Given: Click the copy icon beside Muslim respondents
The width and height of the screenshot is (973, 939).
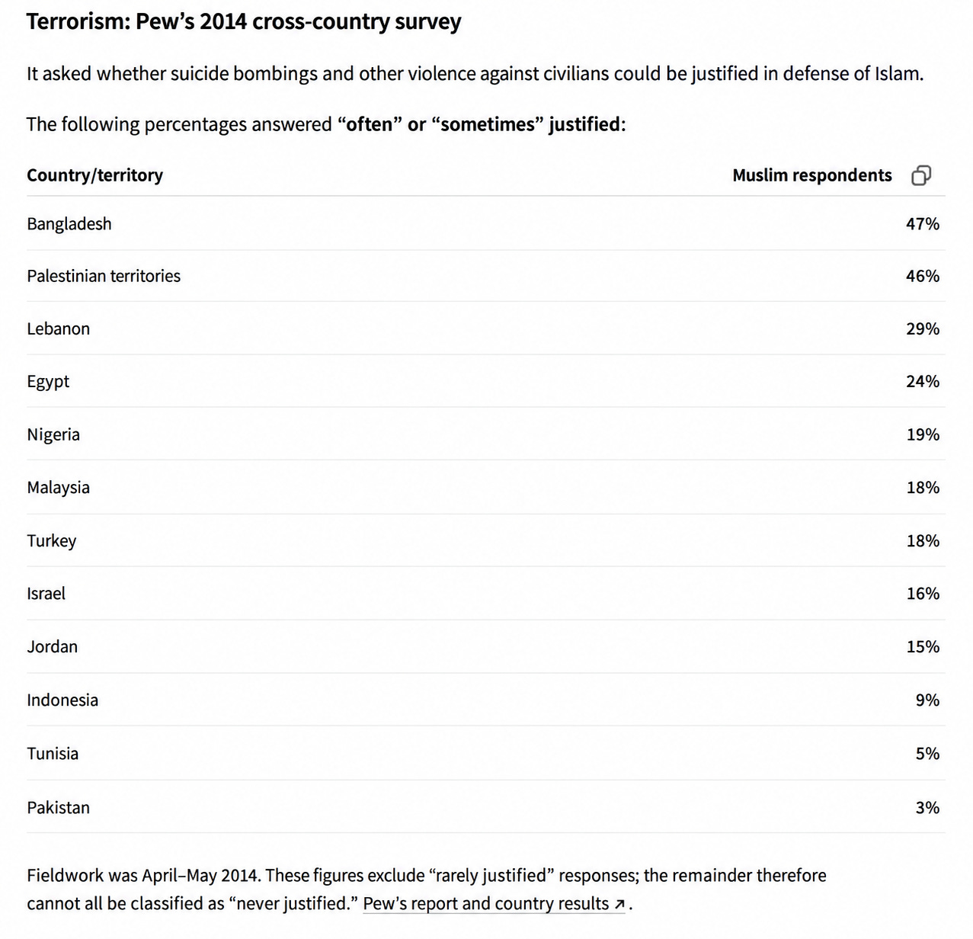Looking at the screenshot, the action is click(921, 175).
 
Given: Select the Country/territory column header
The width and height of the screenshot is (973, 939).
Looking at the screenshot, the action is click(95, 175).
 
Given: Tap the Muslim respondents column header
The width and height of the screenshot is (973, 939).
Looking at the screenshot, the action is click(812, 175).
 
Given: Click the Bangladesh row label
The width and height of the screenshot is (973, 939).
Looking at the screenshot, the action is click(69, 223).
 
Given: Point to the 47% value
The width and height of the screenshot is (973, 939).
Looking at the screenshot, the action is click(923, 223).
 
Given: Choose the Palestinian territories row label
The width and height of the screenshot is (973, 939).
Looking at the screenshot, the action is click(104, 276).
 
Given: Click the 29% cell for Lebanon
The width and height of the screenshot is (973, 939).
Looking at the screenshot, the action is click(923, 328).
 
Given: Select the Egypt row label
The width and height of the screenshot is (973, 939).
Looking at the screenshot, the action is click(48, 382).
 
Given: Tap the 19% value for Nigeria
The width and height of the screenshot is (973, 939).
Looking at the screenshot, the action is click(923, 434).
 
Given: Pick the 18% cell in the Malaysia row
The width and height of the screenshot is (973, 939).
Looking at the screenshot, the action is click(923, 487).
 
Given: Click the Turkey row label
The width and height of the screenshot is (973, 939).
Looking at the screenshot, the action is click(52, 541).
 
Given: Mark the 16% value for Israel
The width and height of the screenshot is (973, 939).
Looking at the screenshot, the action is click(923, 593).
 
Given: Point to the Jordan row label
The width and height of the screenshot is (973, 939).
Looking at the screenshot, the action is click(52, 646).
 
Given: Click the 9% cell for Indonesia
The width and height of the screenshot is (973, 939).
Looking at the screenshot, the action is click(927, 700).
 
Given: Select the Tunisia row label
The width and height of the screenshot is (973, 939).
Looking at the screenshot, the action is click(53, 753).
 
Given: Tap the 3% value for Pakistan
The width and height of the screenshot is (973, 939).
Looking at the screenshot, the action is click(927, 807).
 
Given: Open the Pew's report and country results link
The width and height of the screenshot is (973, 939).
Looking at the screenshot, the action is click(494, 903).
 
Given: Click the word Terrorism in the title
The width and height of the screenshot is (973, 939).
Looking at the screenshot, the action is click(78, 21).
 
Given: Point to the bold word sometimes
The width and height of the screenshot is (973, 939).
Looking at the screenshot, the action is click(488, 124).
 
